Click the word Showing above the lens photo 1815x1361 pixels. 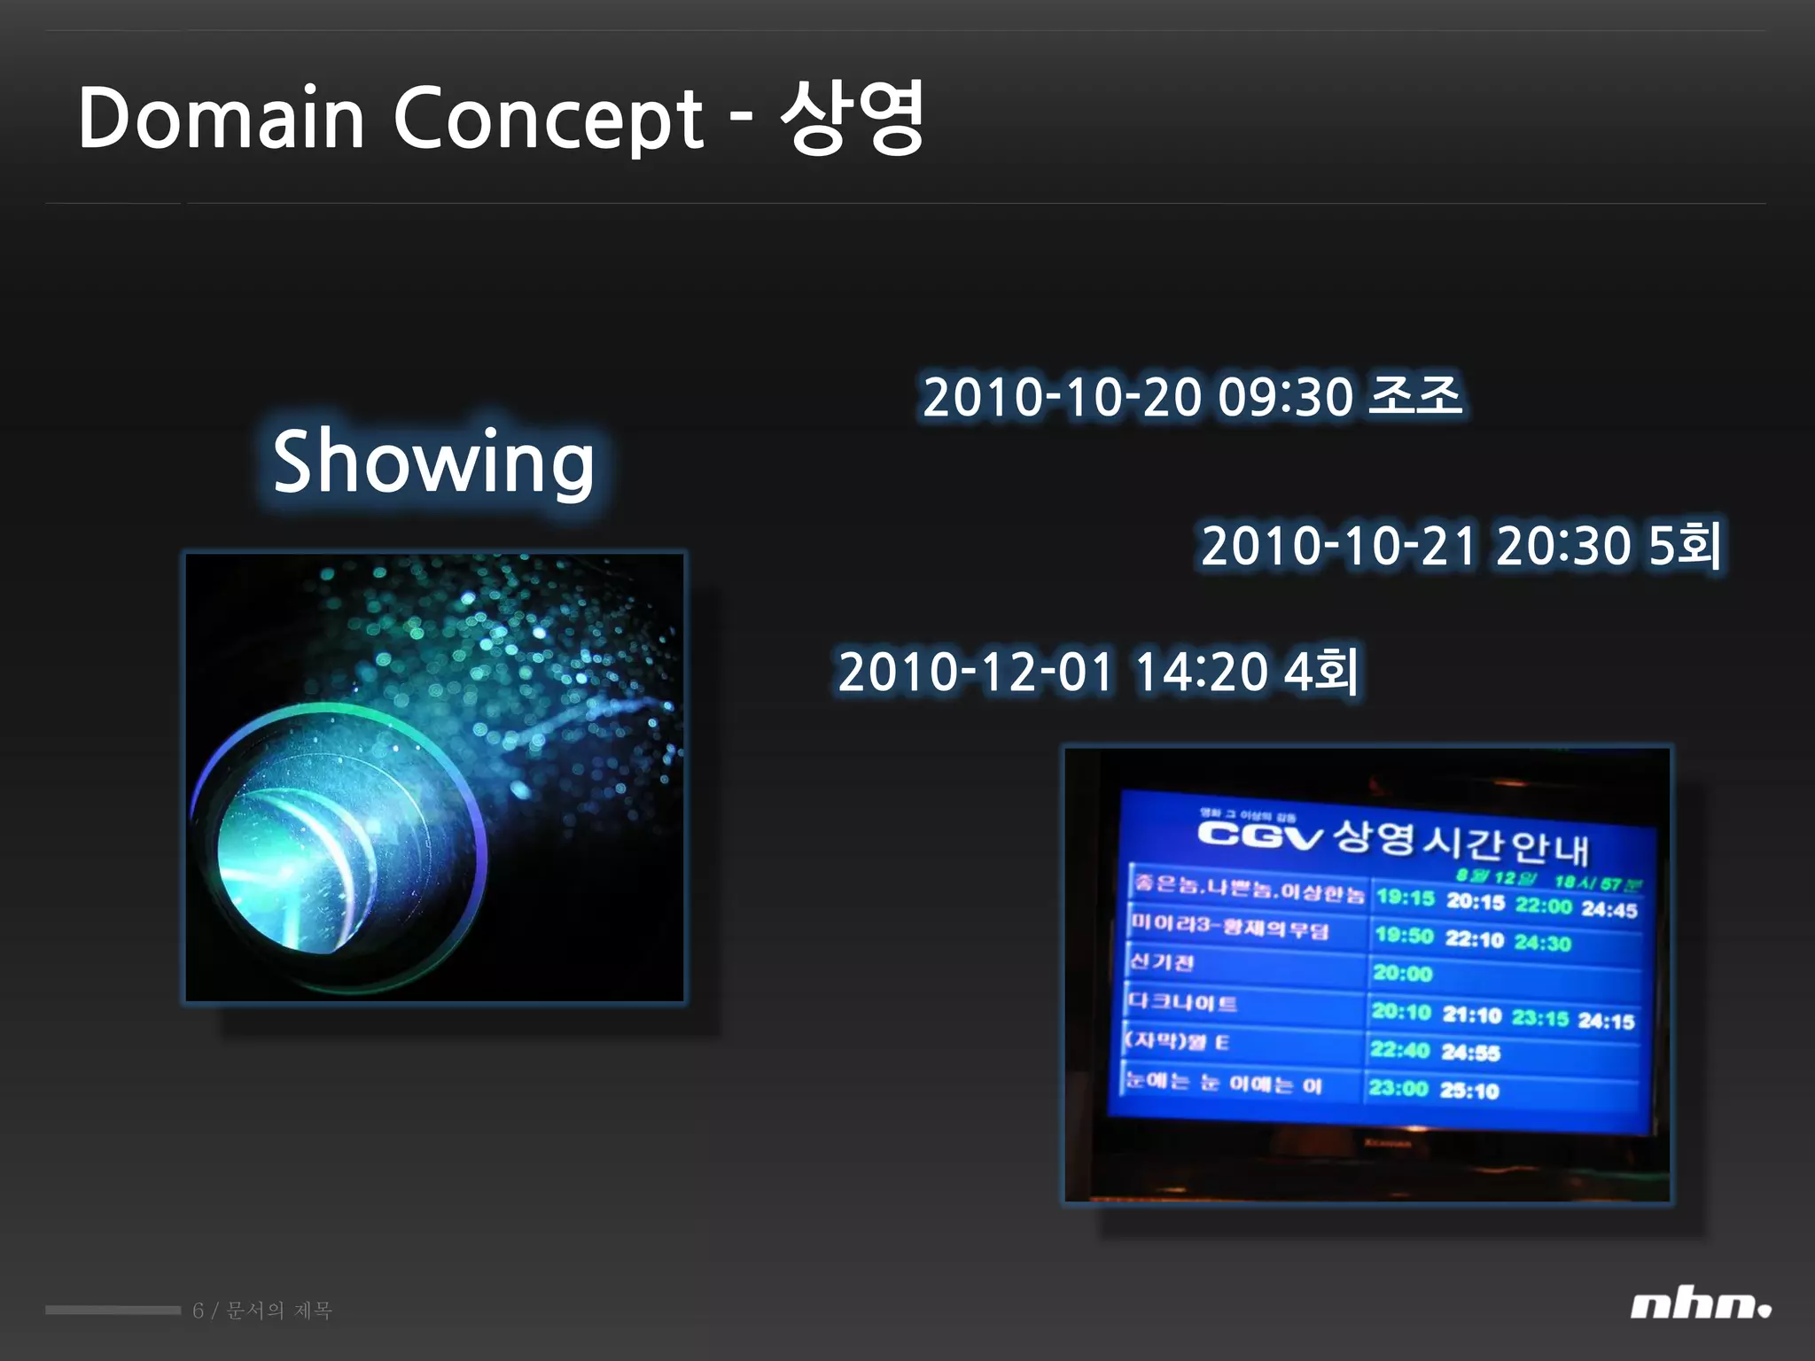432,462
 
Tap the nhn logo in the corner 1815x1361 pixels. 1700,1306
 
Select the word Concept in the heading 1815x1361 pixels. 548,120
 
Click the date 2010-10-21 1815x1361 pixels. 1339,545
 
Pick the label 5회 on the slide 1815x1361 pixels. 1684,545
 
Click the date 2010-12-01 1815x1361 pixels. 975,672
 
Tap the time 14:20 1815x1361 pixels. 1201,672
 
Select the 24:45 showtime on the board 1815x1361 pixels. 1609,910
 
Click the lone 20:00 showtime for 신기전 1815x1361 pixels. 1402,973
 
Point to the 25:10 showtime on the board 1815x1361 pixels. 1469,1091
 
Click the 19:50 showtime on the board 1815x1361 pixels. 1404,936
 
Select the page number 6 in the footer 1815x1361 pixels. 198,1310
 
